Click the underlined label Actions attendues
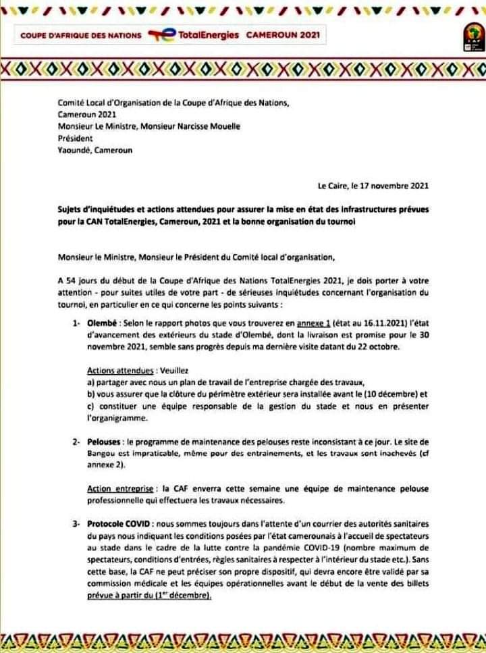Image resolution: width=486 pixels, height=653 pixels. pos(119,371)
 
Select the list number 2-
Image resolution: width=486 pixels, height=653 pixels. pos(77,441)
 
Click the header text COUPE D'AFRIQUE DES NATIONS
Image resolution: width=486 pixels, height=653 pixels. pos(81,35)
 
